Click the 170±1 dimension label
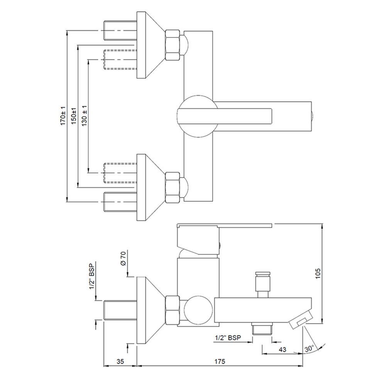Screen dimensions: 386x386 pos(63,116)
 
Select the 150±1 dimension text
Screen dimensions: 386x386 pos(74,116)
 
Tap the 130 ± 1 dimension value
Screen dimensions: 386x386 pos(85,115)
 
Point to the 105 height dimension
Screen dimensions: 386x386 pos(318,273)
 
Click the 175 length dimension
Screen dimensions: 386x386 pos(220,361)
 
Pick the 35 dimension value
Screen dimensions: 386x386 pos(120,361)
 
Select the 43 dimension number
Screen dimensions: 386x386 pos(283,350)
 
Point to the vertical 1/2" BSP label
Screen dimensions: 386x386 pos(92,276)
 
